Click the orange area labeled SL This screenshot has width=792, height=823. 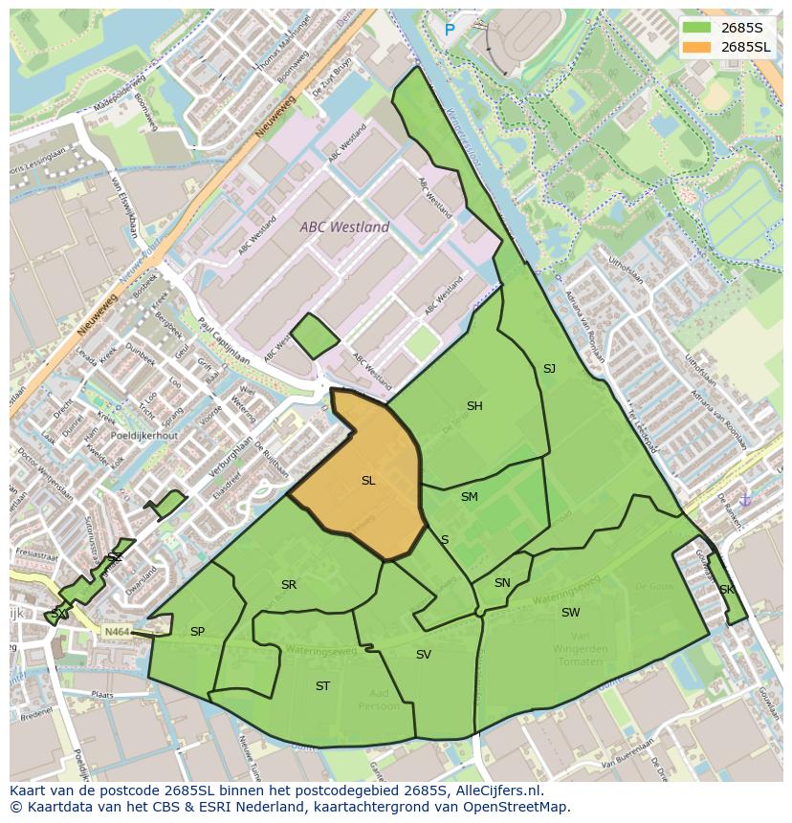[x=368, y=481]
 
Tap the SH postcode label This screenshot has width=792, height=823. [x=474, y=406]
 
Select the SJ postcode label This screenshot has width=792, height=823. [x=549, y=369]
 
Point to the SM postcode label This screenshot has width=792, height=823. [x=469, y=497]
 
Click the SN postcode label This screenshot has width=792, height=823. [x=502, y=583]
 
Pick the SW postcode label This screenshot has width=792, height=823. [x=570, y=613]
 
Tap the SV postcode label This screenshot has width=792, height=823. [x=423, y=655]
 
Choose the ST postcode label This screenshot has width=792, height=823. [x=322, y=686]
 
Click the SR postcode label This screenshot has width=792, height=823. [x=288, y=585]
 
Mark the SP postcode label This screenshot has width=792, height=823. [x=197, y=632]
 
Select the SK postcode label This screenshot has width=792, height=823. [x=726, y=590]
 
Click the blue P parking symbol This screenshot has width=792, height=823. [x=450, y=31]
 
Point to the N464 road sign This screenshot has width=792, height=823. [x=116, y=632]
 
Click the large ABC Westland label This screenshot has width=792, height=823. [x=344, y=227]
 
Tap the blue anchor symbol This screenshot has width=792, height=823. [x=746, y=500]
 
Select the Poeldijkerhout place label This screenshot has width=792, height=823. [x=143, y=435]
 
